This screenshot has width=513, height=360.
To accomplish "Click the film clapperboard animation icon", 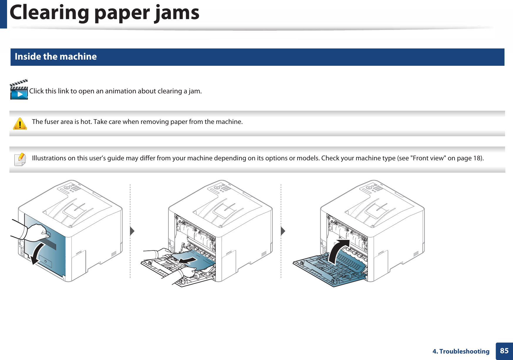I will [x=19, y=90].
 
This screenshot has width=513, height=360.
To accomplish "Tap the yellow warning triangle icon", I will [x=20, y=124].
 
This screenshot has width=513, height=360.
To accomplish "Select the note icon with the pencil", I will [x=20, y=159].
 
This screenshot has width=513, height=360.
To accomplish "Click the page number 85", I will [x=504, y=351].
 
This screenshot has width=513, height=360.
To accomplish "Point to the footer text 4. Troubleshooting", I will [x=461, y=351].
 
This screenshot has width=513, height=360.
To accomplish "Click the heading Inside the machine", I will [x=56, y=56].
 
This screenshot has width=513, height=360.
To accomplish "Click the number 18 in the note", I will [x=476, y=158].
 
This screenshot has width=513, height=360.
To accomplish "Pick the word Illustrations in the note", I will [x=49, y=158].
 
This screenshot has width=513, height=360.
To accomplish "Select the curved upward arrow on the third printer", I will [x=338, y=251].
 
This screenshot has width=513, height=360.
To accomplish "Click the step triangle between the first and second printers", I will [x=132, y=231].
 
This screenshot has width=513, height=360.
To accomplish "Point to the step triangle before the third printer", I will [x=283, y=231].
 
